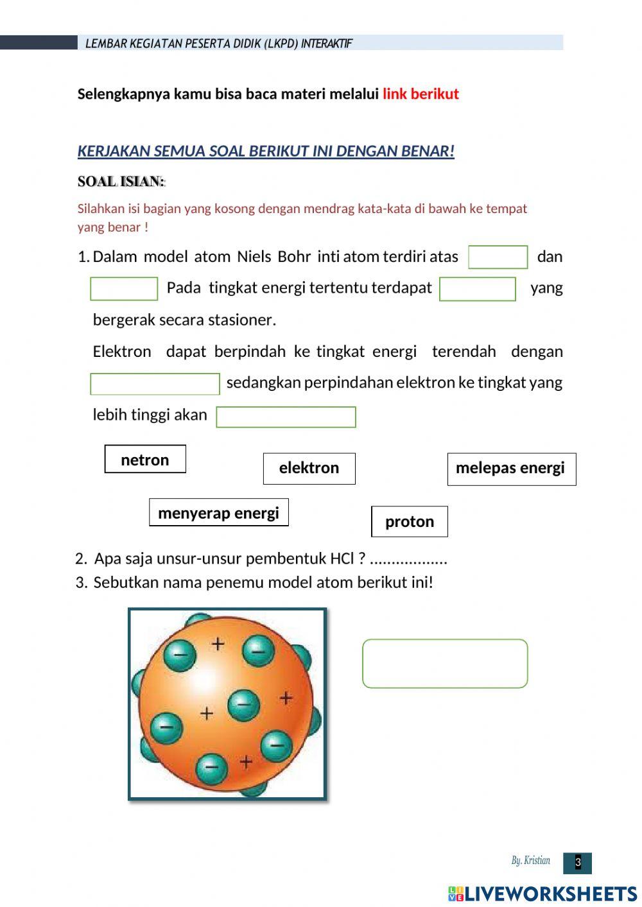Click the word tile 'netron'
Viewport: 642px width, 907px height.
point(145,460)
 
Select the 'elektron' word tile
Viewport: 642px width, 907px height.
point(309,469)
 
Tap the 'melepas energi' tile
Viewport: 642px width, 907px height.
point(511,469)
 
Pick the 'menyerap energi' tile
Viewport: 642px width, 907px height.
point(218,513)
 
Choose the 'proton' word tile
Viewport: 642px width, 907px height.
point(410,522)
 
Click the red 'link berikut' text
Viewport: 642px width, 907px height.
point(421,94)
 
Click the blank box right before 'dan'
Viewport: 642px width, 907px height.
point(498,257)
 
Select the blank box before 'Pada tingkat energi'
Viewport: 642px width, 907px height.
point(124,289)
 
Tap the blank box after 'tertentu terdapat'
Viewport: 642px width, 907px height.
point(478,289)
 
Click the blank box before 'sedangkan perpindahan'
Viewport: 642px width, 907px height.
point(155,384)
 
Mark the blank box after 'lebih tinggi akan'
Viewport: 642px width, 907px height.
point(286,417)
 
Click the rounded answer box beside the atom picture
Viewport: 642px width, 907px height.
point(445,664)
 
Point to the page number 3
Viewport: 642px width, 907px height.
point(577,863)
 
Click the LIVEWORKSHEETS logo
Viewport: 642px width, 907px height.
point(542,894)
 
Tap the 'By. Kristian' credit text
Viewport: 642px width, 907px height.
point(530,861)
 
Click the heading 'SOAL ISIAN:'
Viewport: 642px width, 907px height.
point(121,182)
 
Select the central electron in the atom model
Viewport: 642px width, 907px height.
point(243,705)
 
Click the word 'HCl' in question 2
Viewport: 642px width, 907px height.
point(342,558)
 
